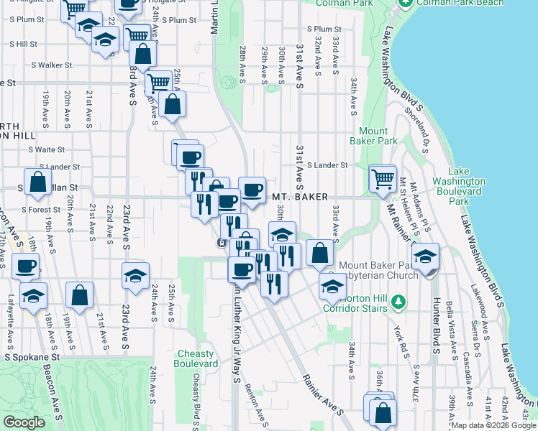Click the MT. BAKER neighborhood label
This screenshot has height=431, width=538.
[300, 197]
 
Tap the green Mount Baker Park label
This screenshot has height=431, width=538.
[378, 136]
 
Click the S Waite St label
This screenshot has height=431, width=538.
[47, 150]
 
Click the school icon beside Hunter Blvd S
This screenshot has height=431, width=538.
[426, 256]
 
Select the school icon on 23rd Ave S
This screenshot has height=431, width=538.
[135, 277]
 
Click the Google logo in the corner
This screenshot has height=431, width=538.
[24, 422]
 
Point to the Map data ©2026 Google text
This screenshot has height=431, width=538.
[493, 426]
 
